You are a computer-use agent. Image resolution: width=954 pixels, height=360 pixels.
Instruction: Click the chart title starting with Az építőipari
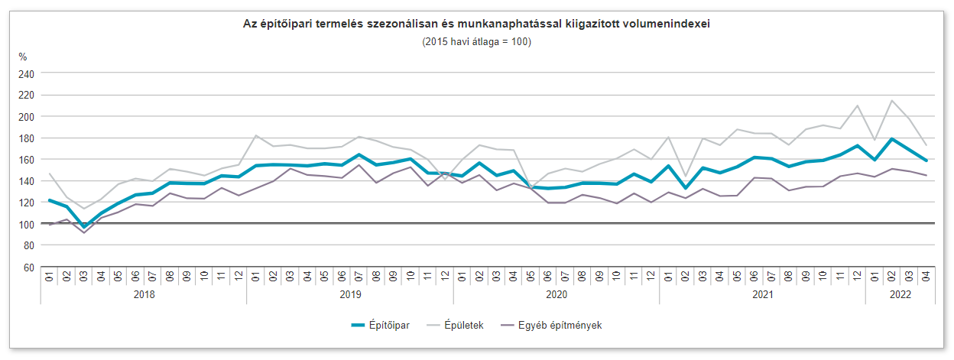[476, 24]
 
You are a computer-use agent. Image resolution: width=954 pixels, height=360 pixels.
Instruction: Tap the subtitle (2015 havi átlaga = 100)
[476, 41]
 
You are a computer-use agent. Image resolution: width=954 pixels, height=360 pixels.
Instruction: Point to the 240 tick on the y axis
[28, 73]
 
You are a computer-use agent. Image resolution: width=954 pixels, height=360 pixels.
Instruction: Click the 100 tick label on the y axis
[28, 224]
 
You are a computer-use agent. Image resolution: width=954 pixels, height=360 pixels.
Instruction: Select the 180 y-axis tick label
[28, 138]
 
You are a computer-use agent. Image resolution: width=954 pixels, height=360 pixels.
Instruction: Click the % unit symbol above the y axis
[23, 57]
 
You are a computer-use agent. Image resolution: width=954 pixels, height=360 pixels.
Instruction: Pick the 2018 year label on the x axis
[144, 294]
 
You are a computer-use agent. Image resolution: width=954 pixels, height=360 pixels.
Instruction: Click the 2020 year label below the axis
[556, 294]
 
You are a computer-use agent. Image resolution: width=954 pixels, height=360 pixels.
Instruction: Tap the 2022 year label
[899, 294]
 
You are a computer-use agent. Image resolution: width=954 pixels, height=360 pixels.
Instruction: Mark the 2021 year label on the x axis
[762, 294]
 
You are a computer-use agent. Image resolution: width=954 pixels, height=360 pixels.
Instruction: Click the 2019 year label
[350, 294]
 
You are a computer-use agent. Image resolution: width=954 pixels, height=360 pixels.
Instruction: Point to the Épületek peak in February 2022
[891, 100]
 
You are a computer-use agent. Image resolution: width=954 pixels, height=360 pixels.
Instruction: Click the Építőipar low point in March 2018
[83, 227]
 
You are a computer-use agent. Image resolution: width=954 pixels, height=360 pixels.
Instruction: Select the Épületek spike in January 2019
[256, 135]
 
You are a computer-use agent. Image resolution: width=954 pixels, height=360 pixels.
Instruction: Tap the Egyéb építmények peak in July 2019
[359, 165]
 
